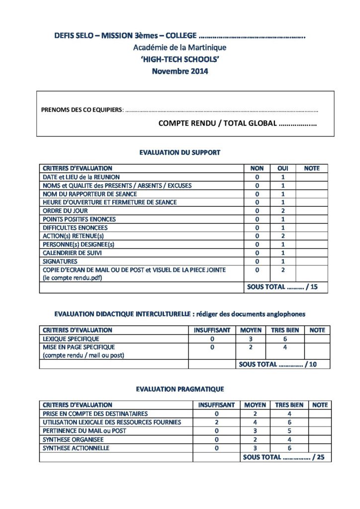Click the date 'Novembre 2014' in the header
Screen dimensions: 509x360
click(x=180, y=71)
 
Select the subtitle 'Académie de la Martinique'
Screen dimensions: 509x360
click(x=180, y=48)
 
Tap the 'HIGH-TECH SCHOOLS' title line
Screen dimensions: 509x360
click(x=180, y=59)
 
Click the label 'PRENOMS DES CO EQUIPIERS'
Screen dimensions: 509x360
click(x=82, y=110)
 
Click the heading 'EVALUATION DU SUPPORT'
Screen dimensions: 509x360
click(x=180, y=153)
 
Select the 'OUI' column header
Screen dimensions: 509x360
click(x=282, y=169)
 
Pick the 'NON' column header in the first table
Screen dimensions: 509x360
click(x=257, y=169)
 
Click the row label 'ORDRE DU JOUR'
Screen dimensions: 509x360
click(x=65, y=211)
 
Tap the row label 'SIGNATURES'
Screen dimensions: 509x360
click(x=60, y=261)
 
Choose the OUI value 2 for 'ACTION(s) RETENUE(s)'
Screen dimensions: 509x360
click(x=282, y=236)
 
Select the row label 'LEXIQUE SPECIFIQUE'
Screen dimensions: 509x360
click(x=72, y=339)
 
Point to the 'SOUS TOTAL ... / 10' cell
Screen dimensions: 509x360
click(x=277, y=364)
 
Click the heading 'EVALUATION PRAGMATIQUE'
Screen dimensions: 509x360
click(x=180, y=389)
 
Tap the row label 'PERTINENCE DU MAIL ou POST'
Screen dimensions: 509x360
click(x=85, y=431)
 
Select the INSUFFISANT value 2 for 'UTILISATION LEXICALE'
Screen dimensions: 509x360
click(x=216, y=423)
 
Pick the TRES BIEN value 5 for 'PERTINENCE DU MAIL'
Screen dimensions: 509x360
click(x=289, y=431)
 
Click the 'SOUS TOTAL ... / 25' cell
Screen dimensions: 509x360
click(x=283, y=457)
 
